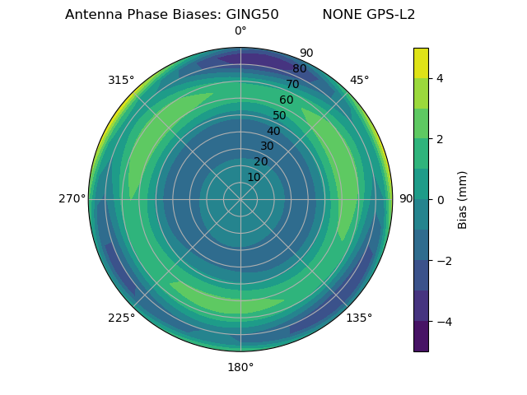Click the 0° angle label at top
pyautogui.click(x=240, y=31)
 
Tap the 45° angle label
pyautogui.click(x=359, y=80)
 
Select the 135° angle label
pyautogui.click(x=359, y=318)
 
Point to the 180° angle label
pyautogui.click(x=240, y=367)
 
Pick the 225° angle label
pyautogui.click(x=121, y=318)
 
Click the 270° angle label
pyautogui.click(x=72, y=198)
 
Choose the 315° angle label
pyautogui.click(x=121, y=80)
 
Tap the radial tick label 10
pyautogui.click(x=254, y=177)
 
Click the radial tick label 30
pyautogui.click(x=267, y=146)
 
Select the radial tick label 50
pyautogui.click(x=279, y=115)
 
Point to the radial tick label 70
pyautogui.click(x=292, y=84)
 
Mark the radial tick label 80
pyautogui.click(x=299, y=68)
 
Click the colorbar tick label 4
pyautogui.click(x=440, y=78)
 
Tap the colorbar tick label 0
pyautogui.click(x=440, y=199)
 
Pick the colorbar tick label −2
pyautogui.click(x=443, y=260)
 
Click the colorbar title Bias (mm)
pyautogui.click(x=463, y=199)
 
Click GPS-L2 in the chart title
pyautogui.click(x=391, y=15)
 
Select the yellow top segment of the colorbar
pyautogui.click(x=421, y=63)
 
